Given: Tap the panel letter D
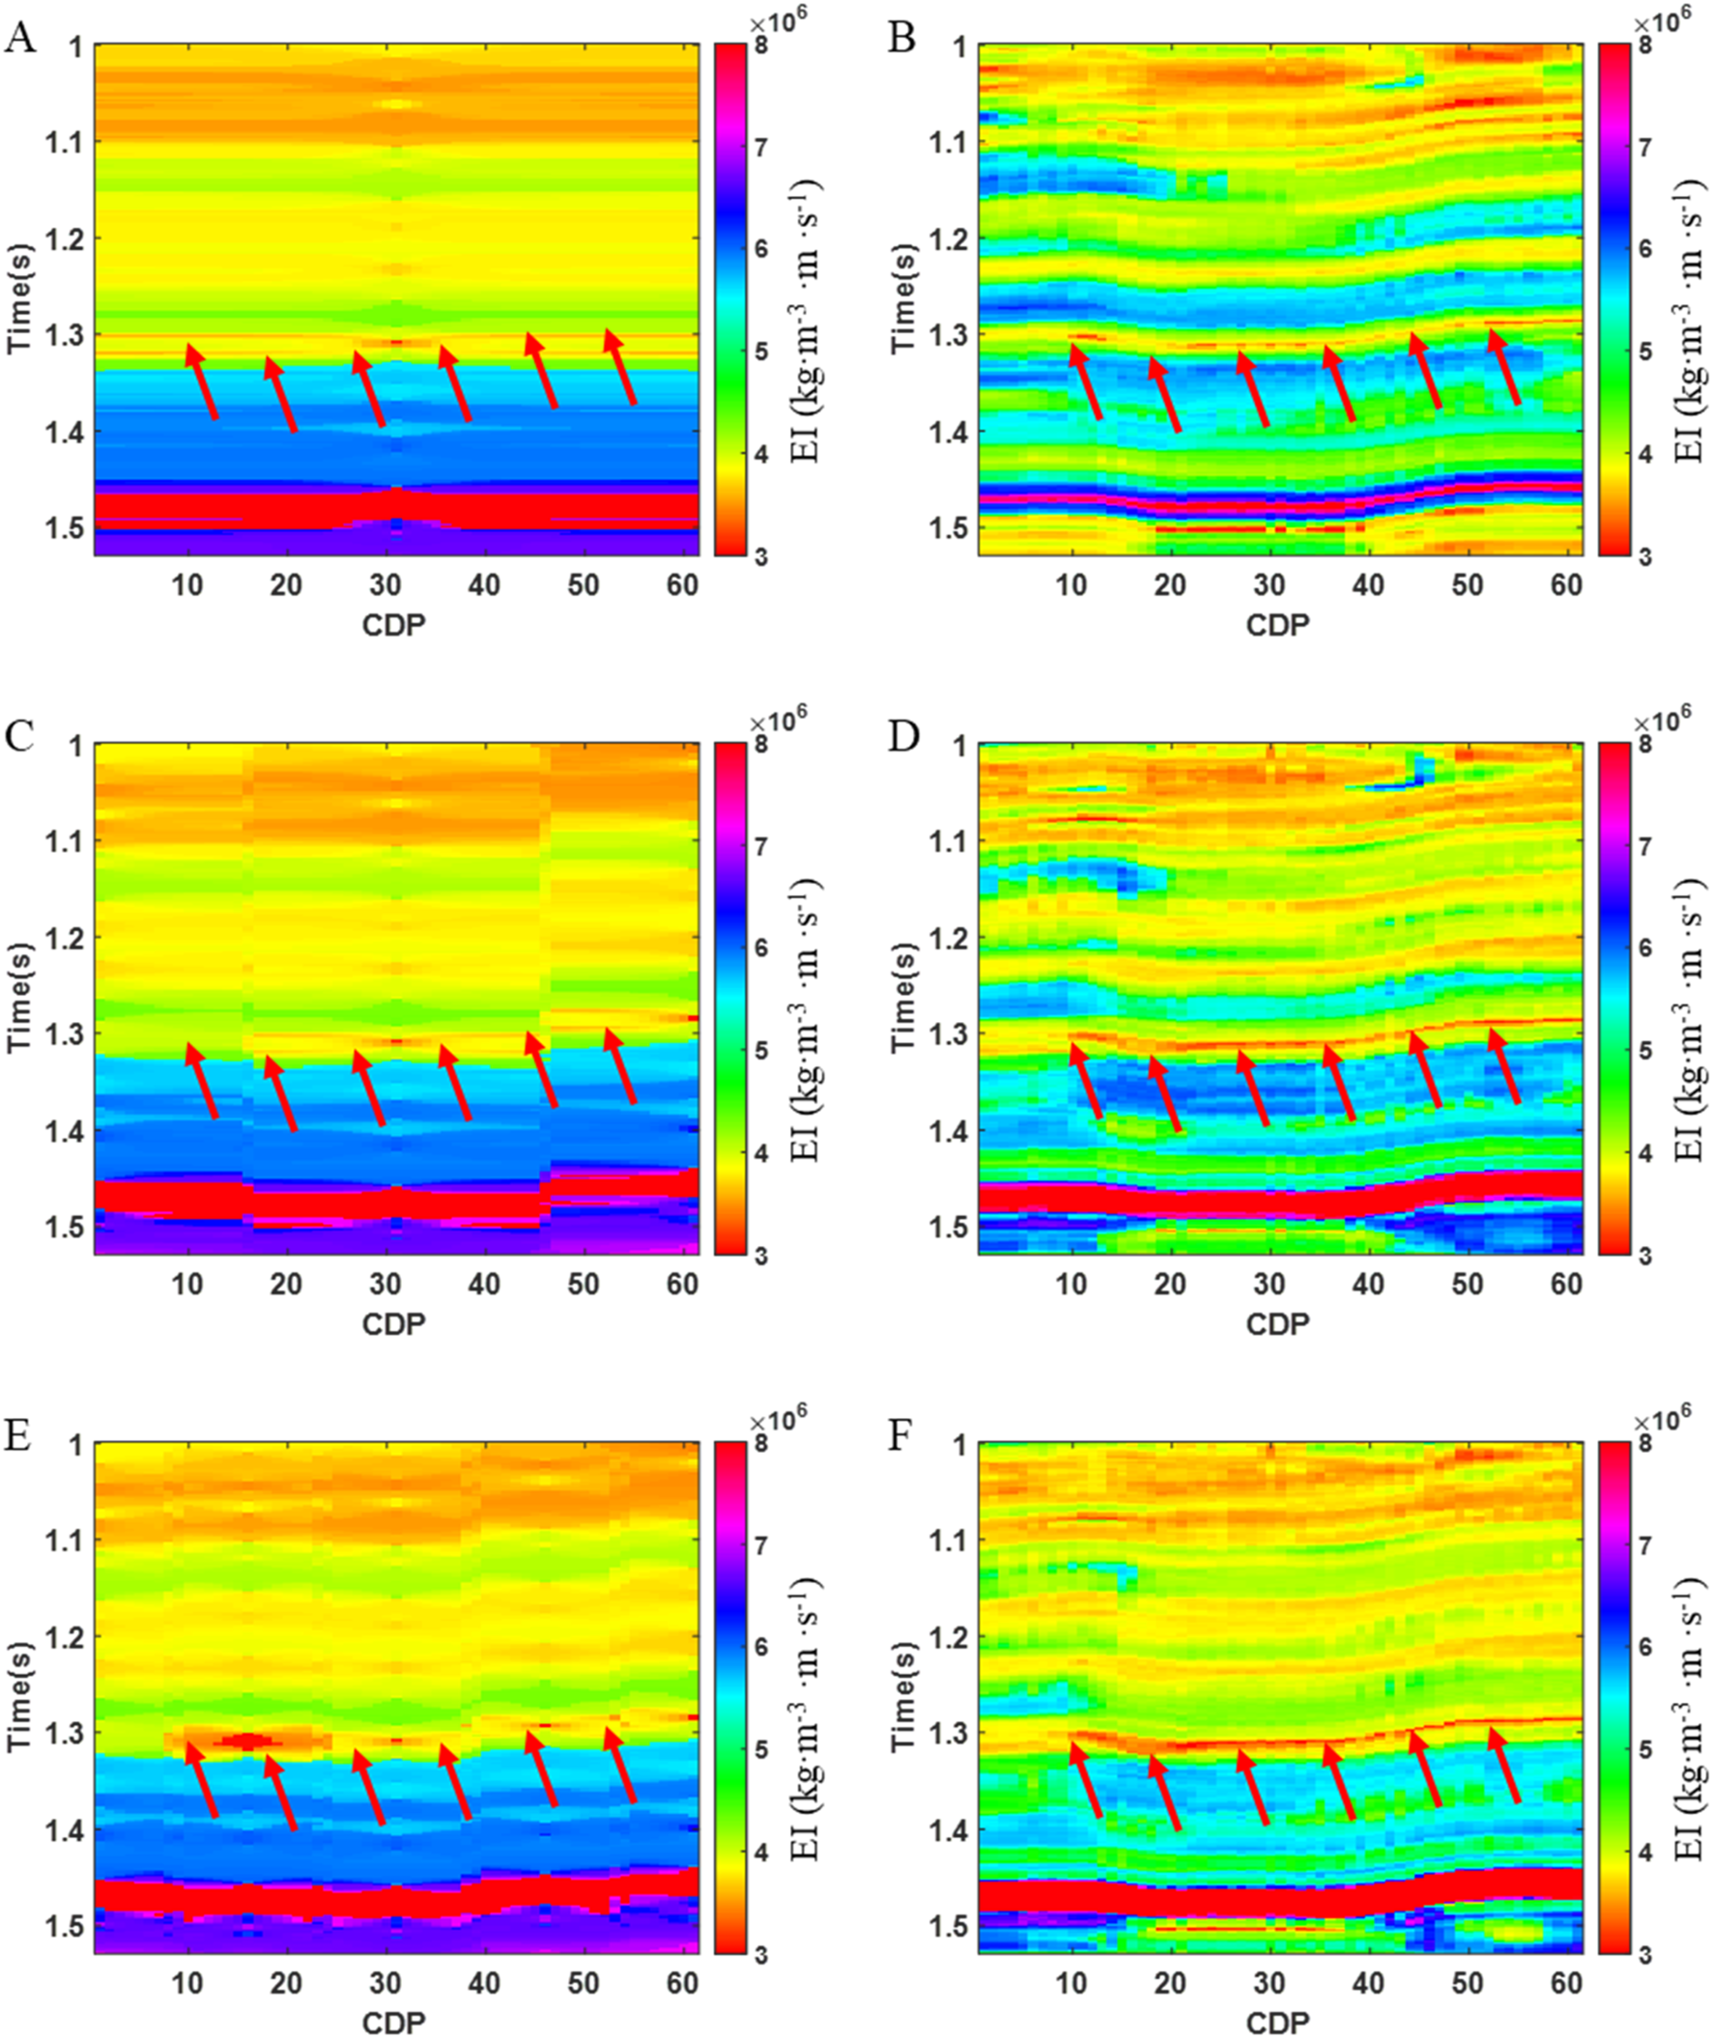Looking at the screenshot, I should [x=905, y=739].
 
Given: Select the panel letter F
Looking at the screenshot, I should [x=903, y=1436].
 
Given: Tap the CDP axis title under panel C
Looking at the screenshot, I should [x=393, y=1322].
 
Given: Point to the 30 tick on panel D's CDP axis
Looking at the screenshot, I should [x=1269, y=1284].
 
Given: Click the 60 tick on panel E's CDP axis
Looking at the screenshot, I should [x=683, y=1983].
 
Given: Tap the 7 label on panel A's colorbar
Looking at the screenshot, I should [x=761, y=147].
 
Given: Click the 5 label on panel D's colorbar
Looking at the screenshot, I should [x=1644, y=1049].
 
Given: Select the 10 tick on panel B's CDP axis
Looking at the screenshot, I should [x=1071, y=585].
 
